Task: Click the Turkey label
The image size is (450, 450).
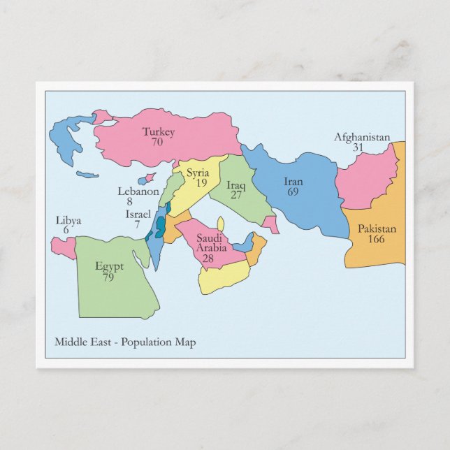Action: click(159, 131)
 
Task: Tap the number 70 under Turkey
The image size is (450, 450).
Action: click(158, 141)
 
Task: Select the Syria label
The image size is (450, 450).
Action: click(198, 173)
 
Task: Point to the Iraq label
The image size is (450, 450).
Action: click(236, 185)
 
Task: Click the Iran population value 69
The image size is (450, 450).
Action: click(293, 191)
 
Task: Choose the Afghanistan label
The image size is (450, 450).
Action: click(362, 137)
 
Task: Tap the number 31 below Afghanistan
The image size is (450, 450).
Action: click(358, 147)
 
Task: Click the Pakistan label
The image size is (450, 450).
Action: click(377, 228)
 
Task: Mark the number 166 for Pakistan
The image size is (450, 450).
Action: click(377, 239)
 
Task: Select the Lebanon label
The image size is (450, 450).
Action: click(138, 191)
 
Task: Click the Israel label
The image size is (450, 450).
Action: click(138, 214)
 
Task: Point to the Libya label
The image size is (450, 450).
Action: click(68, 221)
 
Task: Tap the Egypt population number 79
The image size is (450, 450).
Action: click(108, 277)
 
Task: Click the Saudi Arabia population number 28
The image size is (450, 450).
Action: click(208, 258)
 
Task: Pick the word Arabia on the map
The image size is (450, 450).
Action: click(210, 247)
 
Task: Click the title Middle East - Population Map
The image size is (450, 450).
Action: click(125, 342)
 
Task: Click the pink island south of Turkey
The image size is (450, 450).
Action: click(147, 179)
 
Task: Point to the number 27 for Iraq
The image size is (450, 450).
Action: click(236, 196)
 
